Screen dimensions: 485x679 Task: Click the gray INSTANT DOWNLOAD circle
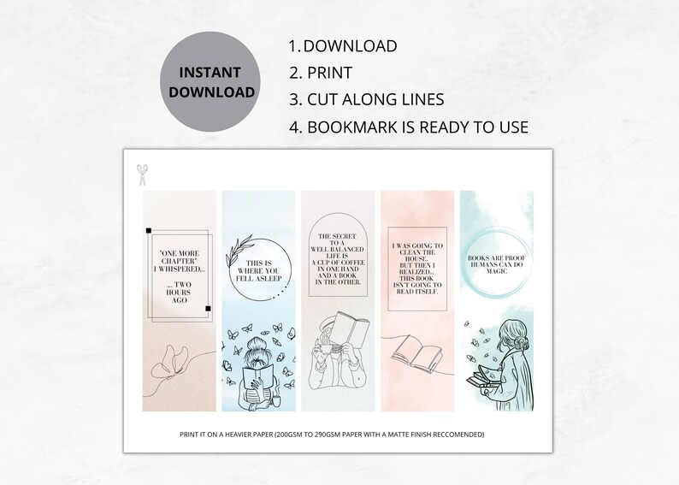pos(210,82)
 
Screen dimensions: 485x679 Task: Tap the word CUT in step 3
pos(326,99)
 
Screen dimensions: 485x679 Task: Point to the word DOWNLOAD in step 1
pos(350,46)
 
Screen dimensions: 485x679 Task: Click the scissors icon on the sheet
pos(140,174)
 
